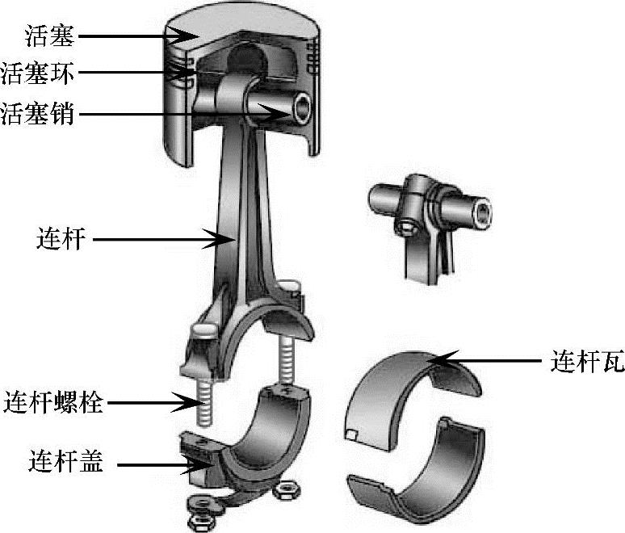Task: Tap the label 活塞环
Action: (x=39, y=74)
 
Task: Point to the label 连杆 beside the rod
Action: (x=61, y=239)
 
